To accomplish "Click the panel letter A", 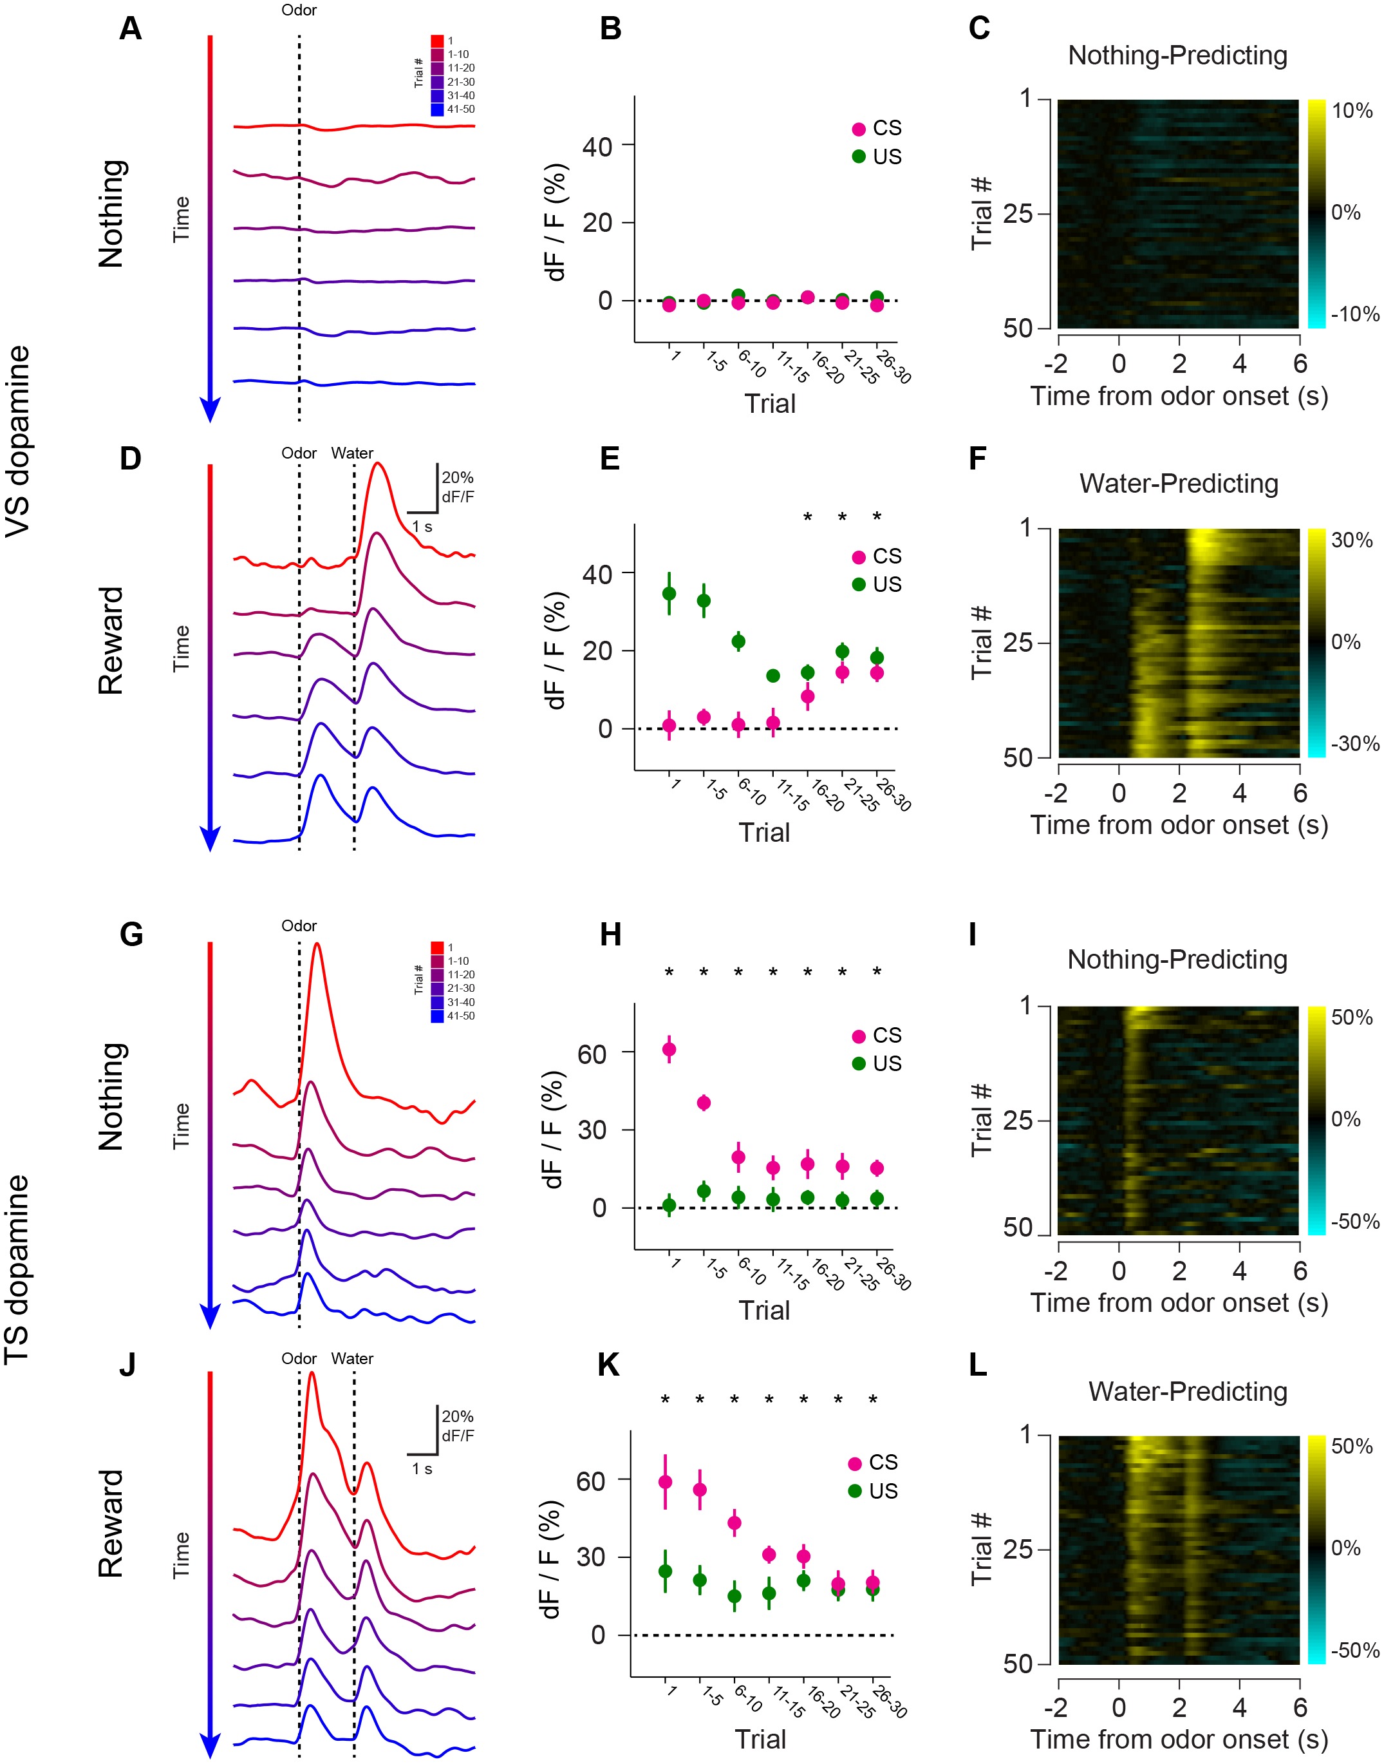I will pyautogui.click(x=131, y=28).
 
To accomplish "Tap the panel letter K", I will pyautogui.click(x=608, y=1366).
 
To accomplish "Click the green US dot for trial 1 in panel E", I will pyautogui.click(x=669, y=593).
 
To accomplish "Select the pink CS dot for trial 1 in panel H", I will pyautogui.click(x=669, y=1050).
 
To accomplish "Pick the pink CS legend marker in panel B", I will pyautogui.click(x=859, y=129).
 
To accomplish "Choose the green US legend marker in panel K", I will pyautogui.click(x=855, y=1491).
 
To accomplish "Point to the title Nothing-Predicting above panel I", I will pyautogui.click(x=1177, y=960).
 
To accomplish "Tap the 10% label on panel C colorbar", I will pyautogui.click(x=1352, y=111).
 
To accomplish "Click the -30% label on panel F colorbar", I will pyautogui.click(x=1354, y=743).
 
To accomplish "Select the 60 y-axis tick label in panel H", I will pyautogui.click(x=592, y=1054).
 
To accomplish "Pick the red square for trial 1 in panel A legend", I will pyautogui.click(x=436, y=41).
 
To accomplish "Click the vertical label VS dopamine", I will pyautogui.click(x=18, y=441).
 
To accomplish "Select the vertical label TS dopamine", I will pyautogui.click(x=18, y=1269).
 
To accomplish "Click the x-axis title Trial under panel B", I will pyautogui.click(x=770, y=404).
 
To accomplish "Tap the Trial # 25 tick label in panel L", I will pyautogui.click(x=1017, y=1549).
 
